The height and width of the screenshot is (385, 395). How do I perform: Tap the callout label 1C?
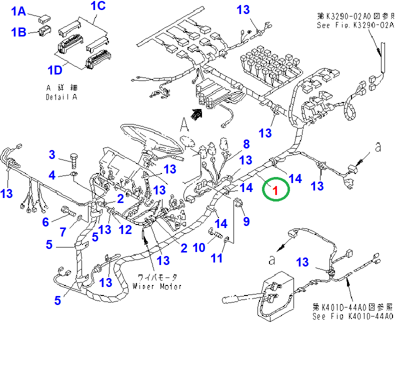click(98, 6)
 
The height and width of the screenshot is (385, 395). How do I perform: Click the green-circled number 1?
click(275, 189)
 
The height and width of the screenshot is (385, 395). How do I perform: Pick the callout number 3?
click(52, 155)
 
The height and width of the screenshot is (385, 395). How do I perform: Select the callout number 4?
click(52, 175)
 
